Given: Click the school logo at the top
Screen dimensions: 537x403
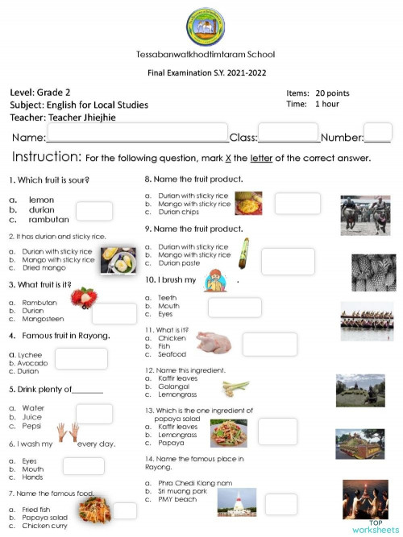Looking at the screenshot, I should pyautogui.click(x=206, y=27).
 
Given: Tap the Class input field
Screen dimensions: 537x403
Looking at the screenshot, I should pyautogui.click(x=288, y=132).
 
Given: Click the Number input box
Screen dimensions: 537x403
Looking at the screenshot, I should pyautogui.click(x=377, y=133).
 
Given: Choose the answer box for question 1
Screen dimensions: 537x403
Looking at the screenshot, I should pyautogui.click(x=93, y=211).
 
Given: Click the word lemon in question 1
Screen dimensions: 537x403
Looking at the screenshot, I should pyautogui.click(x=41, y=199).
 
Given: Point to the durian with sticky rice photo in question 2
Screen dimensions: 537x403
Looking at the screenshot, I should pyautogui.click(x=117, y=260).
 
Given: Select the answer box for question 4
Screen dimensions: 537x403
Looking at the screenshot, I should pyautogui.click(x=81, y=358).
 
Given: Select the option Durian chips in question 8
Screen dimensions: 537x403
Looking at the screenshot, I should pyautogui.click(x=180, y=212).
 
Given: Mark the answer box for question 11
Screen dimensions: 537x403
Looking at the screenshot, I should pyautogui.click(x=269, y=344).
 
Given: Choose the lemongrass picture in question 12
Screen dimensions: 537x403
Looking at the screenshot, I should pyautogui.click(x=235, y=389).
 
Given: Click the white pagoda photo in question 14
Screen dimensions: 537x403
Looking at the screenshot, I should pyautogui.click(x=236, y=502).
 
